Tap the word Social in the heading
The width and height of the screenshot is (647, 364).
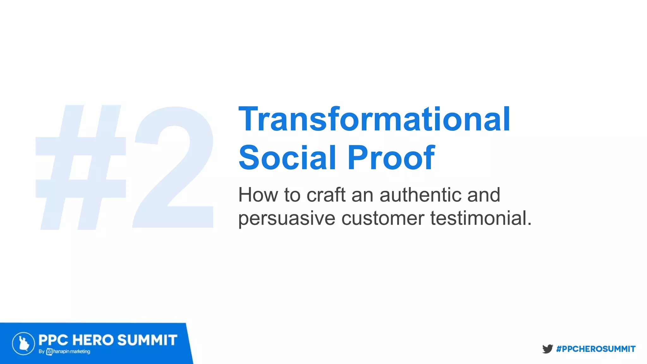[287, 158]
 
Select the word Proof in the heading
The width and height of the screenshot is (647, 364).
[391, 158]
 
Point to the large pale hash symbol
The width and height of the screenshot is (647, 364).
[81, 167]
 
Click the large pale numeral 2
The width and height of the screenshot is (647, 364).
[174, 167]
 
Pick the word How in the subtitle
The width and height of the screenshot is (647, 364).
[258, 195]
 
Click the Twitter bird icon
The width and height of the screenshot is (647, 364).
[547, 349]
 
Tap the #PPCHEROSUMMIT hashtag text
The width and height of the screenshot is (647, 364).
[596, 349]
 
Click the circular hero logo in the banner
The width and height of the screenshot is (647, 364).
[23, 343]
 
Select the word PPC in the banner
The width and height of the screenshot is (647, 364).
[53, 340]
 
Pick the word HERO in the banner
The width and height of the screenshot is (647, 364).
[93, 340]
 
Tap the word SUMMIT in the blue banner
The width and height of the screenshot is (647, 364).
[147, 340]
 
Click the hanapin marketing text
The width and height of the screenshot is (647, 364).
[72, 352]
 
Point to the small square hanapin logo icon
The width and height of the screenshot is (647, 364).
[49, 352]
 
